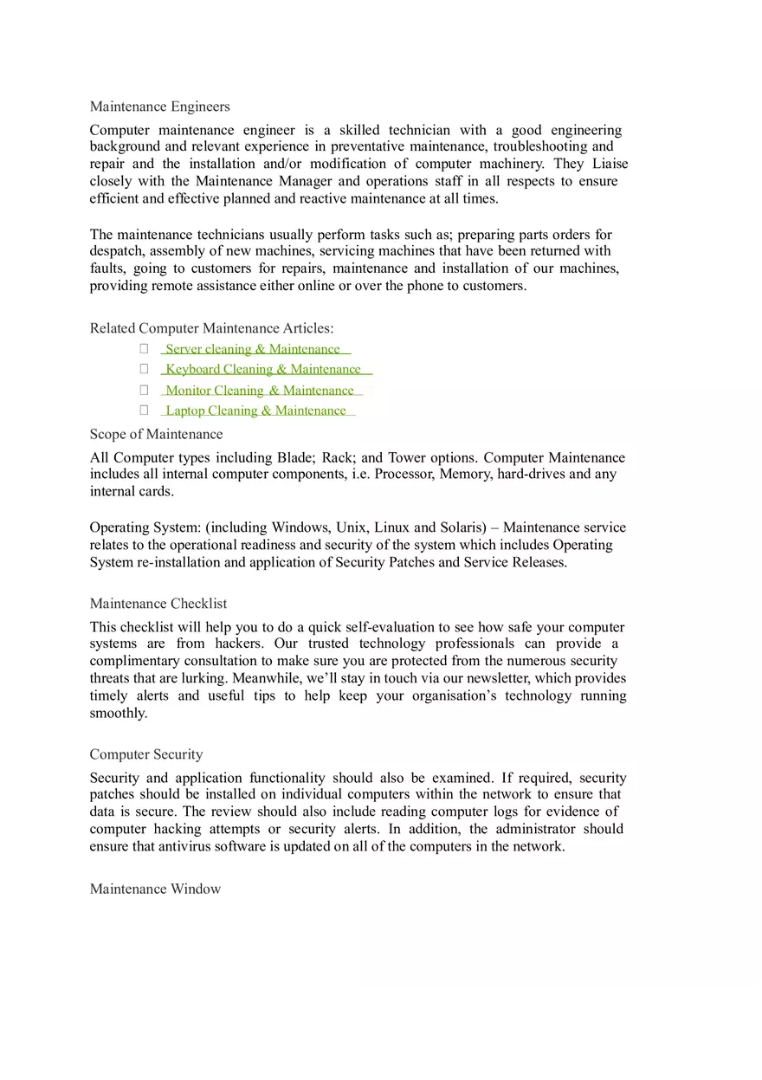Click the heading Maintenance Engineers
click(159, 107)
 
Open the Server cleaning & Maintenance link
click(253, 349)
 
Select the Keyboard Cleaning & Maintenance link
click(263, 369)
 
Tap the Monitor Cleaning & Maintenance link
click(260, 391)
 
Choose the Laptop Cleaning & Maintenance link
click(255, 411)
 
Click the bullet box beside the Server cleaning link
click(144, 348)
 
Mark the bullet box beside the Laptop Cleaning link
click(144, 410)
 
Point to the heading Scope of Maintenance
click(156, 434)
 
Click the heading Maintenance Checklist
click(158, 604)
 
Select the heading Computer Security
click(146, 754)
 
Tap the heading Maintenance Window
click(155, 889)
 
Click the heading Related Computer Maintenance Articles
click(211, 328)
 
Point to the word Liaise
click(610, 164)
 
